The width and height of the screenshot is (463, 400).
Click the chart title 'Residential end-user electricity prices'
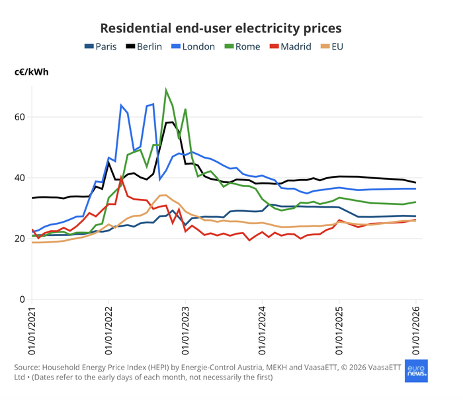click(220, 28)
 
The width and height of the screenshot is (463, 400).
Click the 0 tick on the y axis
click(22, 300)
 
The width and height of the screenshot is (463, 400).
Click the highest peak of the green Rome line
click(166, 90)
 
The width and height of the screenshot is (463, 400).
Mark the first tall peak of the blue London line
click(121, 105)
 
